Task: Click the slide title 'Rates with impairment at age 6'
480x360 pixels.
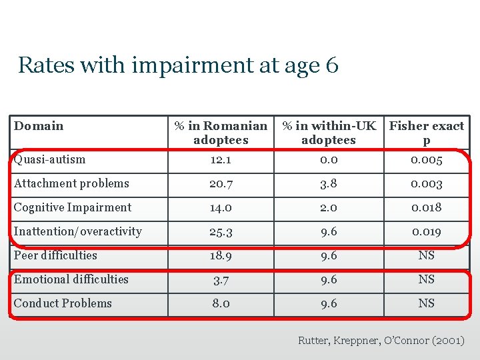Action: click(x=178, y=65)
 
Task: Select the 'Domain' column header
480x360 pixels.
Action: click(x=39, y=126)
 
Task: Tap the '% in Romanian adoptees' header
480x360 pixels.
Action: click(x=221, y=133)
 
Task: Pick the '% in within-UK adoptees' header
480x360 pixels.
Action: click(x=329, y=133)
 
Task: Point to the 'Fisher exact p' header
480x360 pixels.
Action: click(x=427, y=133)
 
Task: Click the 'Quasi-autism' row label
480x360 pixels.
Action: click(x=50, y=159)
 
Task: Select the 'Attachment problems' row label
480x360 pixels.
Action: click(x=71, y=183)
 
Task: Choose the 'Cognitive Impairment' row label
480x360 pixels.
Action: click(x=73, y=207)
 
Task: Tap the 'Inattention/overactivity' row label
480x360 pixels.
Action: click(x=78, y=231)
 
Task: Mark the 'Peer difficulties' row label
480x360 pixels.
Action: click(x=55, y=255)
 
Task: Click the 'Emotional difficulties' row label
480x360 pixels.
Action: click(x=71, y=279)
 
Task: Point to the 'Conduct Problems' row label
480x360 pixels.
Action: click(x=63, y=303)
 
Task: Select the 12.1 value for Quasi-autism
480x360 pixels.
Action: click(x=221, y=160)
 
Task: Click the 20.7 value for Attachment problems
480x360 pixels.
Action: click(x=221, y=184)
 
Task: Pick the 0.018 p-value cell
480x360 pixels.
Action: click(x=427, y=208)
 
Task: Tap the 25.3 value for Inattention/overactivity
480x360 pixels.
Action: click(x=221, y=232)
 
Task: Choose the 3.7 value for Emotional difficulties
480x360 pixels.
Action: click(x=221, y=280)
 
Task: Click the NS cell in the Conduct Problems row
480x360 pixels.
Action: click(x=427, y=303)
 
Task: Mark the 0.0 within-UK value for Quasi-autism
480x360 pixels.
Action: click(x=329, y=160)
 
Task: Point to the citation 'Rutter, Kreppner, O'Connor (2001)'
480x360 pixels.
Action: click(x=381, y=341)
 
